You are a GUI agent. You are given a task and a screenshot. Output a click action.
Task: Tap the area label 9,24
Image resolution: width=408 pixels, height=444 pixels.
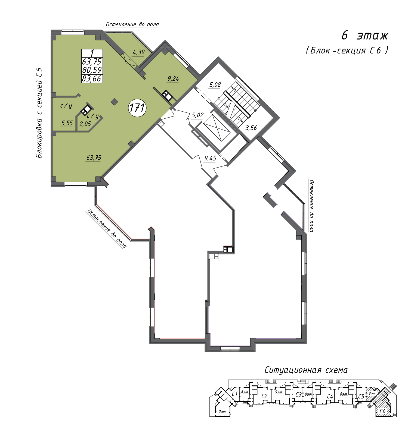pos(173,79)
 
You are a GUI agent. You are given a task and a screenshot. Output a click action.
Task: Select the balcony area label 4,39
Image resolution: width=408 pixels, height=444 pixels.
pos(138,52)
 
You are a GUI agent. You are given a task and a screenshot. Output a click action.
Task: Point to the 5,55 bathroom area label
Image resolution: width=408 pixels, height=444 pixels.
pos(67,123)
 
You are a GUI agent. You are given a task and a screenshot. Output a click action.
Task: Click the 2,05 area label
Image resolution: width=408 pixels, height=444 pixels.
pos(85,124)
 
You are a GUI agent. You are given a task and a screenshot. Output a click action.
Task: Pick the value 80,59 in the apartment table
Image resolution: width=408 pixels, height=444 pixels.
pos(92,70)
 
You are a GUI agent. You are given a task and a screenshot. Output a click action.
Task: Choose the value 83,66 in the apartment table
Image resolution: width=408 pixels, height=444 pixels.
pos(92,78)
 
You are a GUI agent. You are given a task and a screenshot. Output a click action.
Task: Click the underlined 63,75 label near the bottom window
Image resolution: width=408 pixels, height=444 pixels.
pos(94,158)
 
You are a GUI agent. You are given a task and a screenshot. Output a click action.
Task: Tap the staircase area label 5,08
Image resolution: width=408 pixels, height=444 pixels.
pos(215,85)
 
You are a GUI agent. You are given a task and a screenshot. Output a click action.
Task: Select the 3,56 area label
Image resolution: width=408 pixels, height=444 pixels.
pos(251,128)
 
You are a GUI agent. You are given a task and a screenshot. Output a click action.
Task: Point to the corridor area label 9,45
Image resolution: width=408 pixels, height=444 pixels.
pos(210,158)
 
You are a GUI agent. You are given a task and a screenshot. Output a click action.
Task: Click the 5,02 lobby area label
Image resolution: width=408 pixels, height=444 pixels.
pos(197,115)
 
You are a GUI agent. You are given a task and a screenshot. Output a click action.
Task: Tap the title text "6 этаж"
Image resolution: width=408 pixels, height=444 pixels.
pos(365,35)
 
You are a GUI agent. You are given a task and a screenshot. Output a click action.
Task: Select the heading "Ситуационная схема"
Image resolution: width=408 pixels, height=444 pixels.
pos(306,370)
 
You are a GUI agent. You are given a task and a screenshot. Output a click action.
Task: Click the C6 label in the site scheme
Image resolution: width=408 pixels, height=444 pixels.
pos(382,411)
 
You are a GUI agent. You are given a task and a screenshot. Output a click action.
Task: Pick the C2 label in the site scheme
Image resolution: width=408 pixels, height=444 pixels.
pos(264,396)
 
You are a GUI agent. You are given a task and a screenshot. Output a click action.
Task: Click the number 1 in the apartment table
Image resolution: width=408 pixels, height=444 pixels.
pos(92,53)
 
